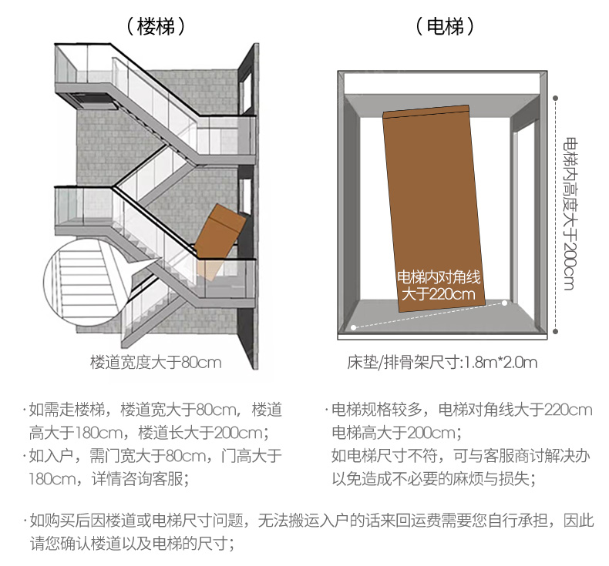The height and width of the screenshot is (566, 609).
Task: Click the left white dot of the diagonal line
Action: click(x=354, y=327)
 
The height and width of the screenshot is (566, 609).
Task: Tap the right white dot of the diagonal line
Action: click(x=504, y=303)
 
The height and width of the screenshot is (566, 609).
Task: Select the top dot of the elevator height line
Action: click(x=557, y=97)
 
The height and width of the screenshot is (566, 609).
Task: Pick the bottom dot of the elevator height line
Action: click(x=557, y=332)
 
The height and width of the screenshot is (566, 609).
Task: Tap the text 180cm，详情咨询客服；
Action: click(x=109, y=478)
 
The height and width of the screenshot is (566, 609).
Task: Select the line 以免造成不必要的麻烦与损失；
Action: click(x=433, y=478)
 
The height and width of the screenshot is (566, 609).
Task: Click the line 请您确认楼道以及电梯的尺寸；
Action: click(x=131, y=542)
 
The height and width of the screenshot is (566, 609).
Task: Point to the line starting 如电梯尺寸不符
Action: click(x=460, y=455)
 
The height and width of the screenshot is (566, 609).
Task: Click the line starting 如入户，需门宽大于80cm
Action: click(x=153, y=455)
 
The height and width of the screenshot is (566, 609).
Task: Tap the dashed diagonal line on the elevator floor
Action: click(x=429, y=316)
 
